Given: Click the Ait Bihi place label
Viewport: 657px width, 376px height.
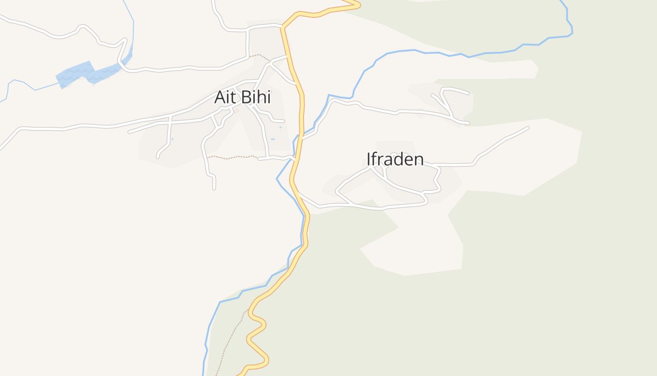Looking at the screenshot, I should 242,97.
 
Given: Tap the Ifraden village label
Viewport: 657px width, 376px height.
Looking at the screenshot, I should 395,159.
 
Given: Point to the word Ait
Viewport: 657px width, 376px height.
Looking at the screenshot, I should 226,97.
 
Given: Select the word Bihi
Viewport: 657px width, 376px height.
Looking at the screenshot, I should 256,97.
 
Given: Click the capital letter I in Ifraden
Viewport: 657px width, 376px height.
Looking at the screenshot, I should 369,159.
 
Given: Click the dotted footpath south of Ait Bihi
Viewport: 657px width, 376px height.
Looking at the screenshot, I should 232,157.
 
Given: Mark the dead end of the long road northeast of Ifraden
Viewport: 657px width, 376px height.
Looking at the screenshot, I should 527,128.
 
